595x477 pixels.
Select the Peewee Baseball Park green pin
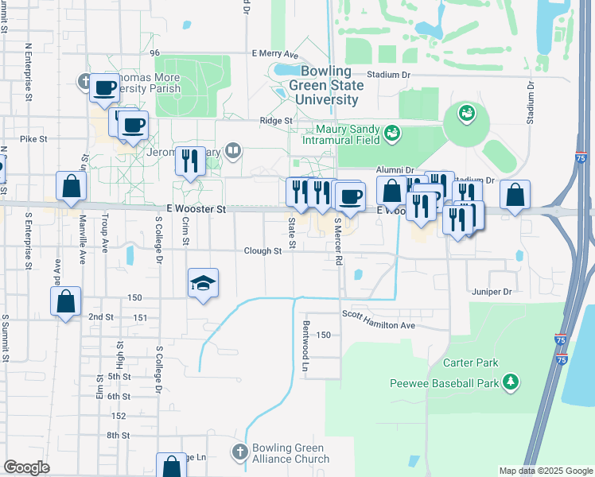tap(510, 383)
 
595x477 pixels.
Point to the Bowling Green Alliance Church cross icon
tap(239, 452)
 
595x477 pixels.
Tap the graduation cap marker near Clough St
tap(203, 283)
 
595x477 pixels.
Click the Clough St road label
tap(262, 251)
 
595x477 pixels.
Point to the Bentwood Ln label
tap(305, 346)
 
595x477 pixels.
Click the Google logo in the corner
tap(26, 467)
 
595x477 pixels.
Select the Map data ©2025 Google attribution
tap(545, 471)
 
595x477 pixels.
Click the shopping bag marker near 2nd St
tap(65, 302)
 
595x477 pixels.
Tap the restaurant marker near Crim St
tap(190, 162)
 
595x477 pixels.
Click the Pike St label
tap(33, 138)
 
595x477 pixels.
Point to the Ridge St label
tap(276, 121)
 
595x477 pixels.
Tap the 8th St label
tap(118, 435)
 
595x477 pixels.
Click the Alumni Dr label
tap(395, 170)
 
